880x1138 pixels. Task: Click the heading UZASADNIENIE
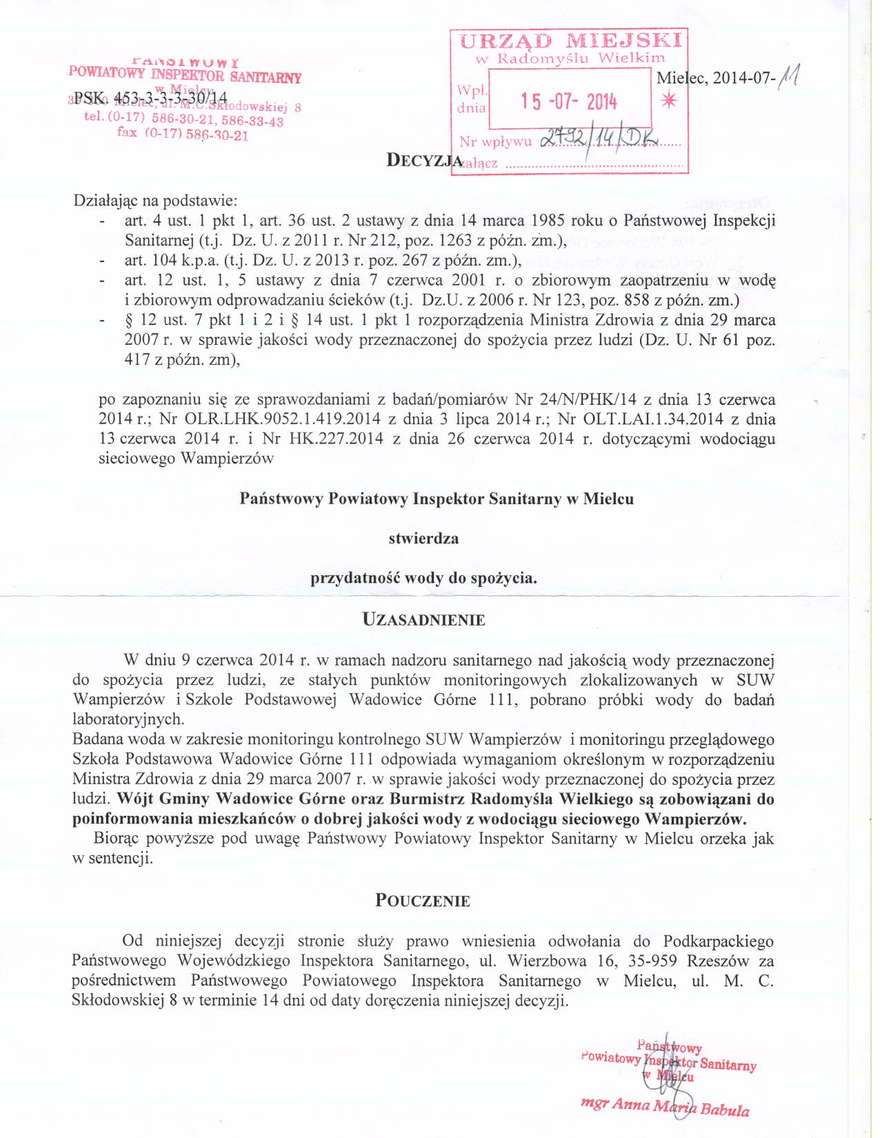coord(423,619)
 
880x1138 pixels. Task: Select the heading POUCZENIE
coord(423,901)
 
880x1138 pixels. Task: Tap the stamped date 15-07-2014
coord(569,103)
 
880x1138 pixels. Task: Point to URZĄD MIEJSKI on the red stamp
coord(570,40)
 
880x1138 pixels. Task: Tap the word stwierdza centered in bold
coord(423,538)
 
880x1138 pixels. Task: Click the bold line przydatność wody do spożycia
coord(423,578)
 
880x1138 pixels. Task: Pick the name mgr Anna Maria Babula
coord(665,1107)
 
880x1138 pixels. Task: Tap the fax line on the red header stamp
coord(183,134)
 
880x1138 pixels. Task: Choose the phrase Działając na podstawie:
coord(155,201)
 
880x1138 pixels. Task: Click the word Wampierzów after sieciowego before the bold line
coord(227,459)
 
